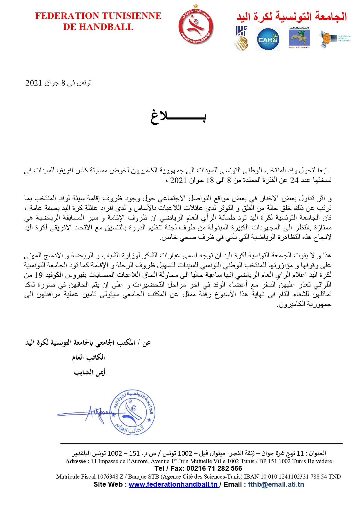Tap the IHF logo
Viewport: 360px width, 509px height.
coord(241,38)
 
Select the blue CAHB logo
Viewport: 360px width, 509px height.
coord(268,39)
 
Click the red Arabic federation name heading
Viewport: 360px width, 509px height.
coord(292,16)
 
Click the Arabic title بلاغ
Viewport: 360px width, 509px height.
coord(178,117)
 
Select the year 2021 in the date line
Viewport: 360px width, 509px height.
coord(34,83)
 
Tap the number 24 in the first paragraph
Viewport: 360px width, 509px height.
coord(294,180)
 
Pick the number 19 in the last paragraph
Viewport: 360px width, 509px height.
coord(39,275)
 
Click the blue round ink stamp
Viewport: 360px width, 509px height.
coord(133,412)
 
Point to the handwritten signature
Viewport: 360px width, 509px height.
coord(96,413)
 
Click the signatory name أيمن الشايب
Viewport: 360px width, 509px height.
coord(89,372)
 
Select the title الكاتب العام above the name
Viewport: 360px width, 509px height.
coord(88,357)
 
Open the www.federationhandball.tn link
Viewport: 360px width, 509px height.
coord(174,484)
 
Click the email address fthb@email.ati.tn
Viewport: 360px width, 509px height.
coord(276,484)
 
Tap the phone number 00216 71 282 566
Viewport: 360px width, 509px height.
coord(214,468)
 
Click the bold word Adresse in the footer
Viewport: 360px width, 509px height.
coord(76,461)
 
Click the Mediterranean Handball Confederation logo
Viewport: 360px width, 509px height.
coord(335,39)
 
